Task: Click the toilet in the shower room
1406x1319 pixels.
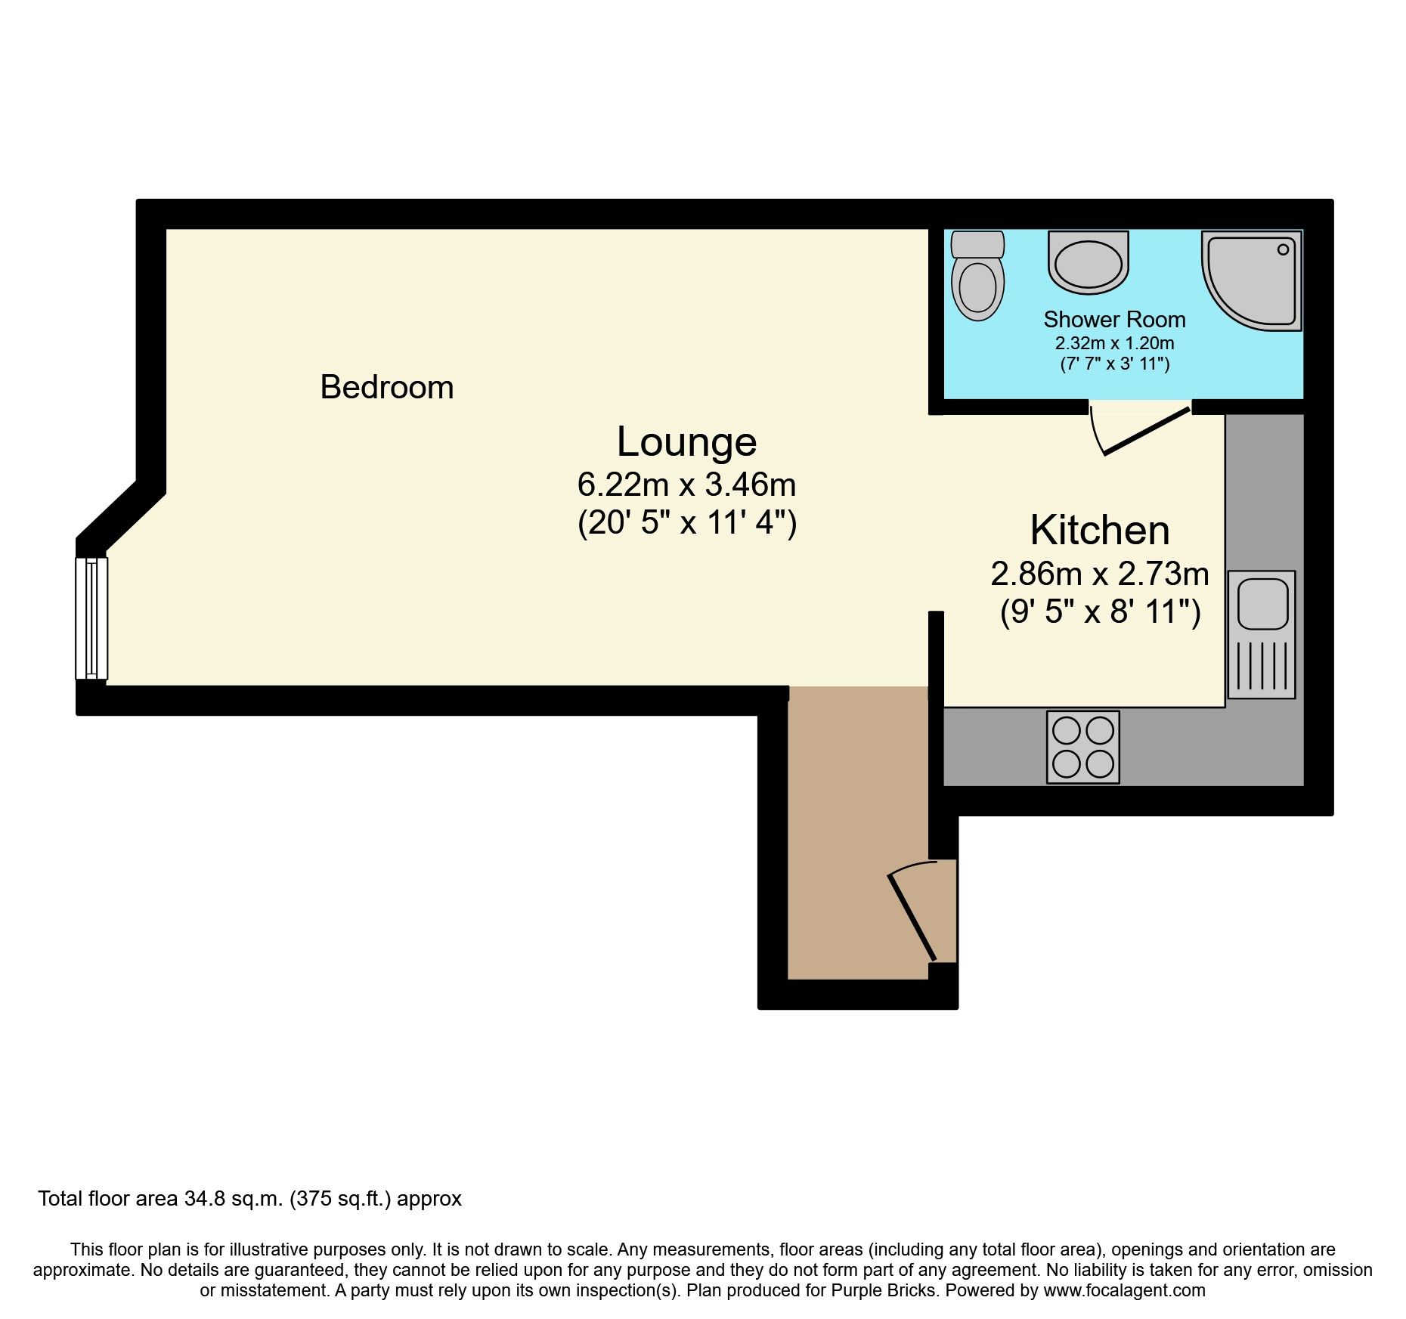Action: pos(977,277)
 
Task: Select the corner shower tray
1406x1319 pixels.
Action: pos(1250,280)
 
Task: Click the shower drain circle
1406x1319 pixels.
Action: pos(1283,249)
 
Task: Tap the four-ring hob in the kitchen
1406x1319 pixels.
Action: pos(1082,747)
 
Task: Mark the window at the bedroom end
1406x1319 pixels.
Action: pos(91,618)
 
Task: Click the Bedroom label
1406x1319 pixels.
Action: pos(386,388)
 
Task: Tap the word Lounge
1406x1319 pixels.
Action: pos(686,442)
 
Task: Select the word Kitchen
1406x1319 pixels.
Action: pos(1100,531)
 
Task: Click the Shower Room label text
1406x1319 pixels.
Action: pos(1114,320)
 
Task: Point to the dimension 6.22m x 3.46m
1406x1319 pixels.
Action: pos(686,485)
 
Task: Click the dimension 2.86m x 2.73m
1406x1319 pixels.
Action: pos(1100,574)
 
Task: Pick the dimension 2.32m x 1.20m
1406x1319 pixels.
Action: pos(1114,343)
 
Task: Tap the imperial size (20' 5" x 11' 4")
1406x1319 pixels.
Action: pos(686,522)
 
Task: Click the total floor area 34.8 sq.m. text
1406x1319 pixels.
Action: pos(249,1199)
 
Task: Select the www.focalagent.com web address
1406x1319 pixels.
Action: pos(1124,1290)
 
